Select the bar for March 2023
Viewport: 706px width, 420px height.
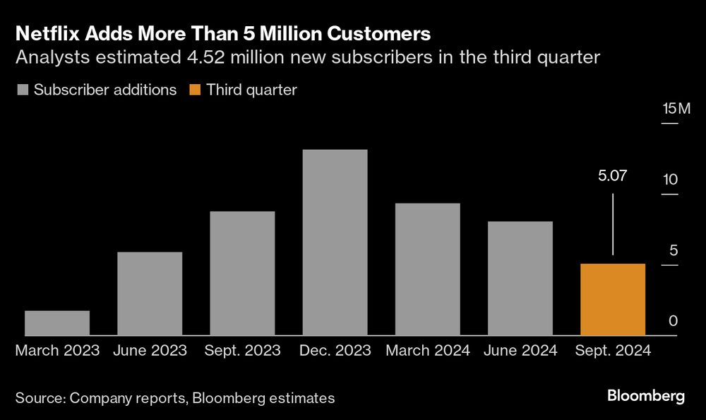coord(57,323)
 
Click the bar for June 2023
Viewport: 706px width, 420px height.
coord(150,293)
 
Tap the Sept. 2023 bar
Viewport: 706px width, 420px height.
coord(242,274)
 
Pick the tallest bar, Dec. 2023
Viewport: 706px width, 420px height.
coord(335,243)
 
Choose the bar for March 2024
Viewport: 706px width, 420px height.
coord(427,269)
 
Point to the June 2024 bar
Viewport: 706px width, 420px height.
coord(520,279)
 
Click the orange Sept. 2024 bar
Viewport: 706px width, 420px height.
coord(612,300)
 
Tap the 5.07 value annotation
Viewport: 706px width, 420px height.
coord(612,176)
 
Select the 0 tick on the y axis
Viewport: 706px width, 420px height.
coord(673,321)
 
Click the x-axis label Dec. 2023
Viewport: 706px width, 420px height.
coord(335,350)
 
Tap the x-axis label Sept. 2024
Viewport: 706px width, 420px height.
coord(612,350)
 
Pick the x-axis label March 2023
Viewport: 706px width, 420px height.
coord(57,350)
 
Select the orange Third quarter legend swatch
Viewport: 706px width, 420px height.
coord(195,91)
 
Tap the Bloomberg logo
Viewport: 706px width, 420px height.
coord(646,396)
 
